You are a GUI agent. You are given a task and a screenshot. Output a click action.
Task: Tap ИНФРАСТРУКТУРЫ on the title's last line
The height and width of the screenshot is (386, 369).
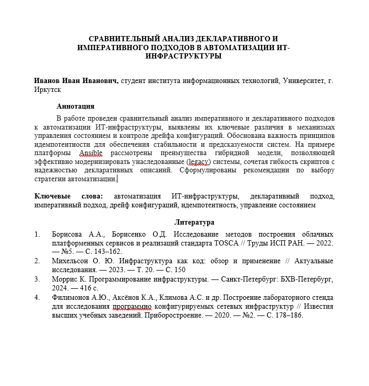184,56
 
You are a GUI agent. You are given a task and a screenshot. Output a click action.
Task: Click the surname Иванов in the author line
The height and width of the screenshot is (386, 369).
48,81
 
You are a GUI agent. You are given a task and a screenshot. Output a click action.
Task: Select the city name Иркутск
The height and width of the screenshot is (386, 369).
48,90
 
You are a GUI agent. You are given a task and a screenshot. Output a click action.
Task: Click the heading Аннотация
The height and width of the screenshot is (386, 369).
75,106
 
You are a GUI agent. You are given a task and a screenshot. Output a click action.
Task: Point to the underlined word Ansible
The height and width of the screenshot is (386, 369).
91,153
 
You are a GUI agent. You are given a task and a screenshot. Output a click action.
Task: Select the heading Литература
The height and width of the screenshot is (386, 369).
194,222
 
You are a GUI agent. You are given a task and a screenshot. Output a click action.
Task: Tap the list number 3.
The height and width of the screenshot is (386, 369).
37,279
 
